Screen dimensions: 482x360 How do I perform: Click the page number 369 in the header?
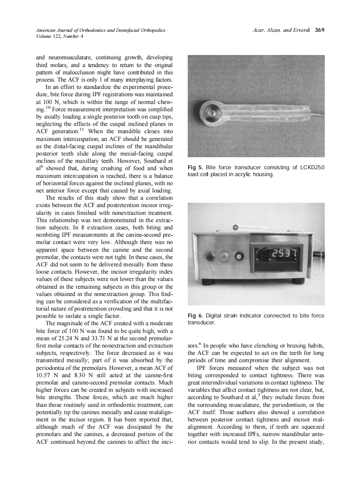[x=319, y=30]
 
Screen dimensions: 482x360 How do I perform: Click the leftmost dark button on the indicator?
[x=211, y=257]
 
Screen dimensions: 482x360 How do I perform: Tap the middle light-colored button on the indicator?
[x=224, y=257]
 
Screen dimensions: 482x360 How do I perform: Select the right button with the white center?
[x=238, y=257]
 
